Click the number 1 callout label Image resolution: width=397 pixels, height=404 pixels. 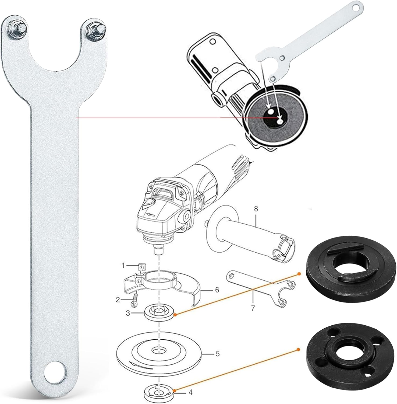coord(123,266)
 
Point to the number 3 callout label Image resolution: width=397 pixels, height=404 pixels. coord(128,313)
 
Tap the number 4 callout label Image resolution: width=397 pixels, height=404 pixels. coord(190,392)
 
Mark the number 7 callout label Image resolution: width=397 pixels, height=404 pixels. coord(253,308)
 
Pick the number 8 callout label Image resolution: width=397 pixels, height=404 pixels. coord(256,208)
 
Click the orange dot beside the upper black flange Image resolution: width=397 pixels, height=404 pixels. coord(299,274)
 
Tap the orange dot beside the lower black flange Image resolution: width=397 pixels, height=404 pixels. coord(298,349)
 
